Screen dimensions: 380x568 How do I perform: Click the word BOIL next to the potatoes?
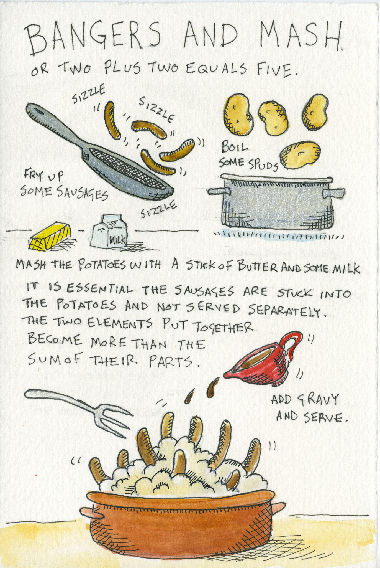tap(234, 148)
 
